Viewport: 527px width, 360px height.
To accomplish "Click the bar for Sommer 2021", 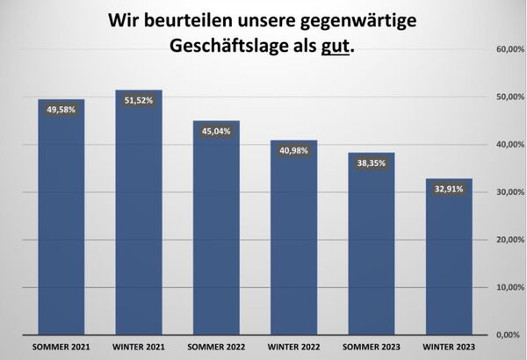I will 61,220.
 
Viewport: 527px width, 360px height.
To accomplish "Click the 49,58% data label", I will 61,110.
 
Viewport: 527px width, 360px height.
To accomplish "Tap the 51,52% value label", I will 139,100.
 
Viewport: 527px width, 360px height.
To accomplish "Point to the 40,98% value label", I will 293,150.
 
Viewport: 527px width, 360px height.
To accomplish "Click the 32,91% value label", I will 449,188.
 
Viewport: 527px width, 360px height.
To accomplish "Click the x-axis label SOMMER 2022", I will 216,346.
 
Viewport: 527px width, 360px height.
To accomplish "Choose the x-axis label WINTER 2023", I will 449,346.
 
